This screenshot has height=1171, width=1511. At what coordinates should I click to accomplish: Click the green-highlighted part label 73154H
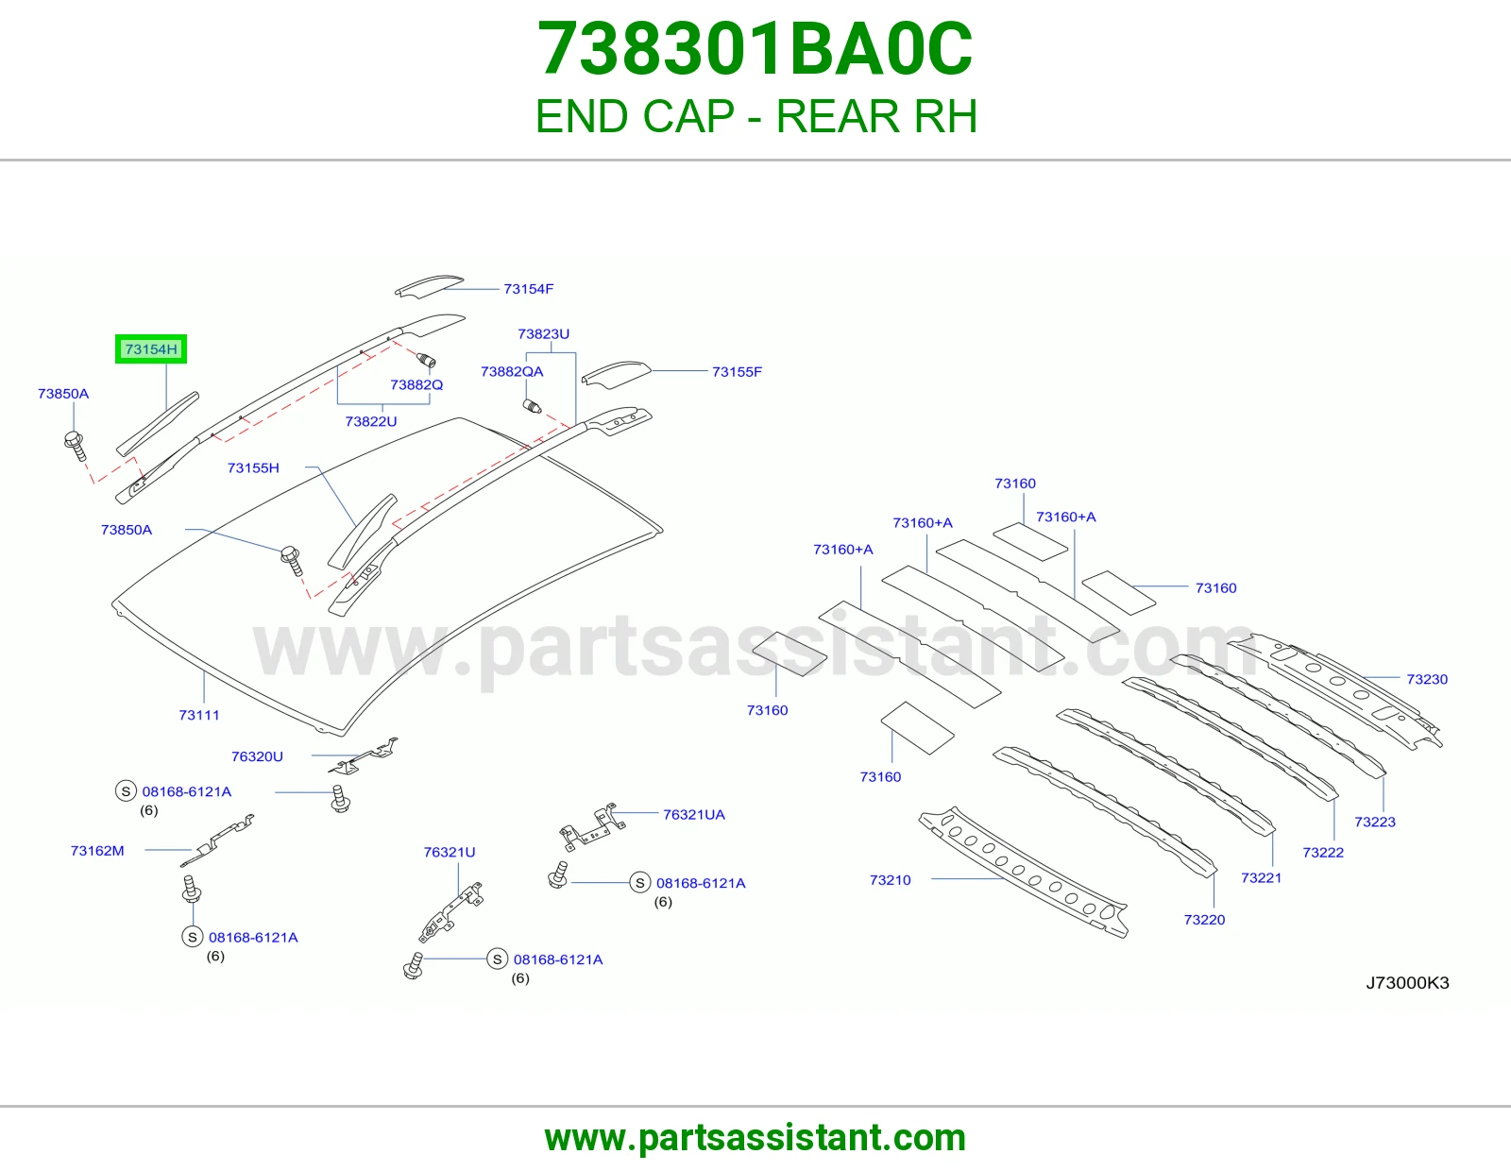coord(151,349)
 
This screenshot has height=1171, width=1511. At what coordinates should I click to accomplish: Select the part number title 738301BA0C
coord(755,49)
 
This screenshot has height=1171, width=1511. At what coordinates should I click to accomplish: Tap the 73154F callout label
coord(529,289)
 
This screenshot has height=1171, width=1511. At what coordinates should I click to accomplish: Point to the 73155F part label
coord(737,371)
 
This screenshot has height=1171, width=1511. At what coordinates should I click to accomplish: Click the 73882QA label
coord(512,371)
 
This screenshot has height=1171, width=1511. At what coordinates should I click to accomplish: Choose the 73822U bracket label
coord(371,421)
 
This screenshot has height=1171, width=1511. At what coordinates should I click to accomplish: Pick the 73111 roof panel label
coord(199,715)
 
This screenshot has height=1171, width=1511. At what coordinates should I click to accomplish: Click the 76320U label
coord(257,755)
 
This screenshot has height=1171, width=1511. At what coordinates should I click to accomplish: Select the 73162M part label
coord(97,851)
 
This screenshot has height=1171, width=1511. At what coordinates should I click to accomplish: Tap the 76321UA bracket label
coord(694,814)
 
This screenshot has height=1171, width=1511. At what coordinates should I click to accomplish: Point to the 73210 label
coord(890,879)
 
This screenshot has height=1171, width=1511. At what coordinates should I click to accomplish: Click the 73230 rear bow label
coord(1427,679)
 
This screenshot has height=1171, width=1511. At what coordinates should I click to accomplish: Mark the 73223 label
coord(1375,822)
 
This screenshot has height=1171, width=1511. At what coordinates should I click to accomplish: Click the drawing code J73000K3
coord(1407,982)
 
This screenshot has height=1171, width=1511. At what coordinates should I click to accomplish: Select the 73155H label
coord(253,468)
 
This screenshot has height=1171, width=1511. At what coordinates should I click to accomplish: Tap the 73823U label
coord(544,333)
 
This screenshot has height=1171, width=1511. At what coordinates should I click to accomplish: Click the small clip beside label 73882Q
coord(426,360)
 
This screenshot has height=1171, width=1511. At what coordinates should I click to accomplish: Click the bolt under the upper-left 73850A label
coord(76,446)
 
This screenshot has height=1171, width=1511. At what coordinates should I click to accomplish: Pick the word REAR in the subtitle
coord(838,116)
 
